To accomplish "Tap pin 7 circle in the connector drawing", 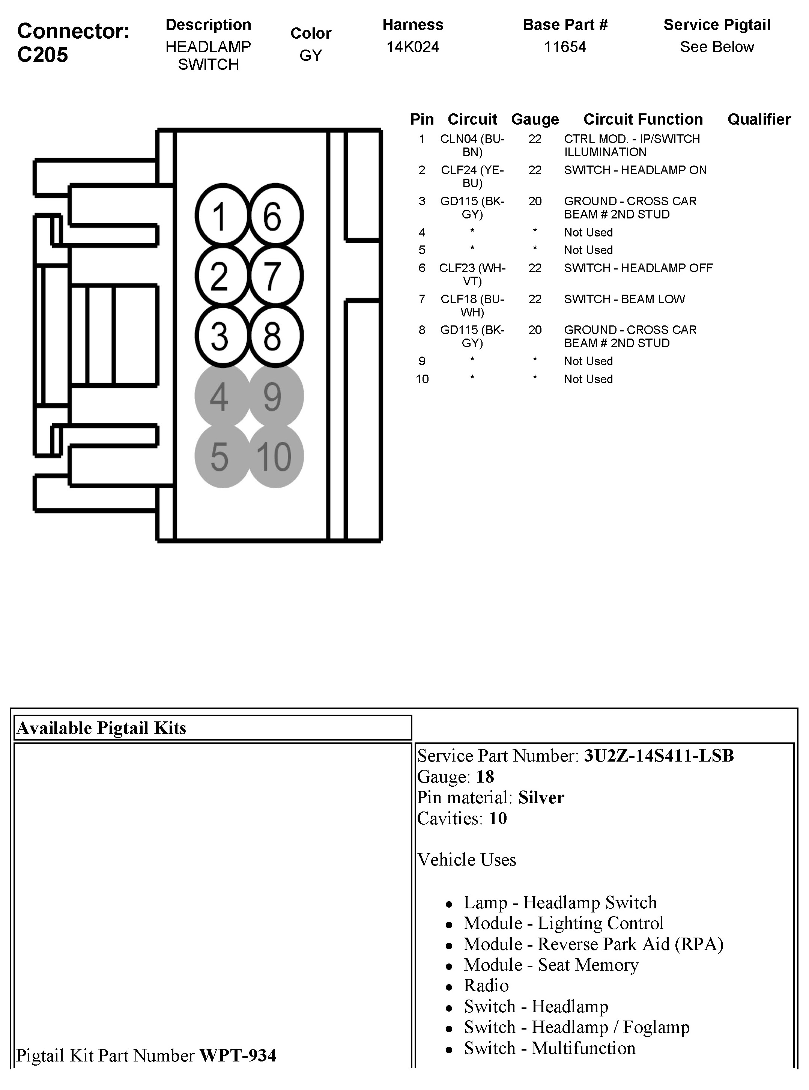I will (x=275, y=276).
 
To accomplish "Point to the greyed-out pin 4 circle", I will (x=222, y=396).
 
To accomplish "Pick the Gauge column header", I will (x=535, y=119).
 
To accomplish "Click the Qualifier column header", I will (x=759, y=119).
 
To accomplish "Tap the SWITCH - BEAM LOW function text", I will (x=624, y=299).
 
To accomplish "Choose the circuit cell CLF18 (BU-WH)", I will (x=472, y=305).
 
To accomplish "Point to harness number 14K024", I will (x=412, y=47).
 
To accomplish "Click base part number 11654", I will (x=565, y=47).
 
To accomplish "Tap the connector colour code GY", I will (x=310, y=55).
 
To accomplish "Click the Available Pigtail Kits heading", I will (x=101, y=728).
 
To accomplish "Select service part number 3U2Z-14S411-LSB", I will (x=659, y=756).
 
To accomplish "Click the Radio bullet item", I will (x=486, y=986).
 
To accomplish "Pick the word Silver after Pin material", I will (x=541, y=798).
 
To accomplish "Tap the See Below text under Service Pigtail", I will (x=716, y=47).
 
